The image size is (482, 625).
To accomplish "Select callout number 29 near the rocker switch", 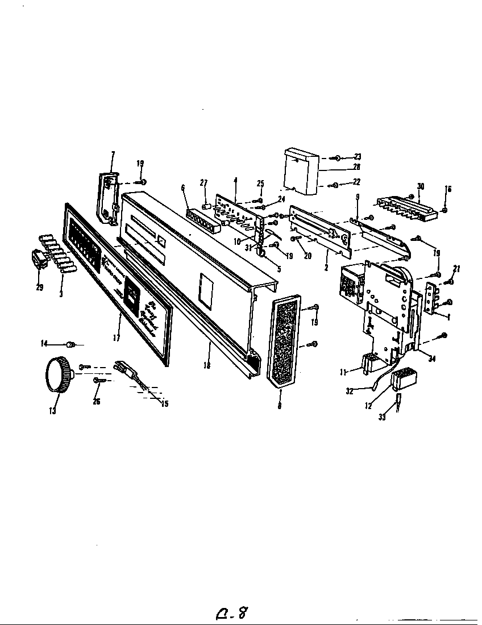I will coord(39,288).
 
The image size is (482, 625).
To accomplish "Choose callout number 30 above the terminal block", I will coord(421,186).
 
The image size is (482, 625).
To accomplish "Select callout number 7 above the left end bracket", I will coord(113,154).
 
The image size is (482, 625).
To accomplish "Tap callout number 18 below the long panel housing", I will coord(206,366).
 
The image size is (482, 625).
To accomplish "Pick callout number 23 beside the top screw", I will coord(358,156).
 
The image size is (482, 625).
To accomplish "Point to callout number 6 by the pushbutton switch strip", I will coord(183,188).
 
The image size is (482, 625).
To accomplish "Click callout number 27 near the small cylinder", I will coord(204,182).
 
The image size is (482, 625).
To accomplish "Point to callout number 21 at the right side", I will coord(456,268).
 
